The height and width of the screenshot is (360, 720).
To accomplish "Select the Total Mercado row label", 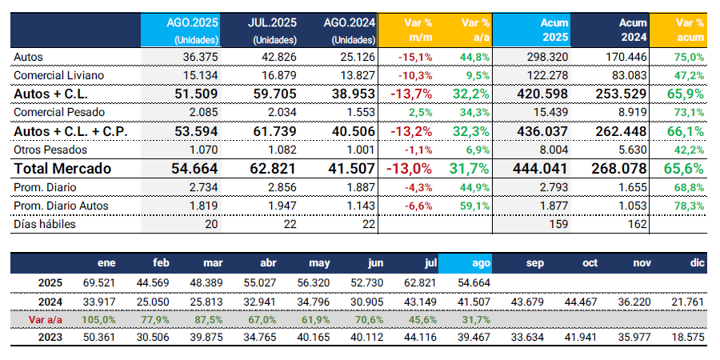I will click(x=62, y=169).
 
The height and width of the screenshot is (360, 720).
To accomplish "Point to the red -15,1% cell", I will click(x=417, y=57).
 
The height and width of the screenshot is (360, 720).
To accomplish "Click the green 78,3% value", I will click(x=688, y=206).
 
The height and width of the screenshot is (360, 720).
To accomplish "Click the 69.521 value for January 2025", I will click(x=100, y=282).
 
